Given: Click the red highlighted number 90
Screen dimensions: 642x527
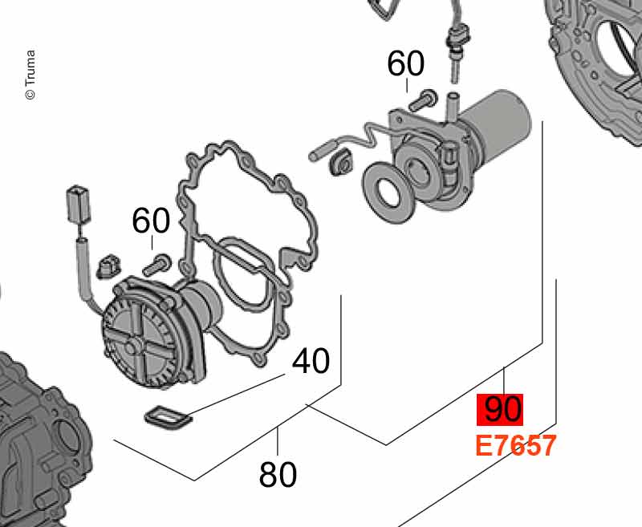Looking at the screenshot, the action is coord(500,409).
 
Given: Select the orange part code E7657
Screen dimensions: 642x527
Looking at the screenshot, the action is coord(516,445).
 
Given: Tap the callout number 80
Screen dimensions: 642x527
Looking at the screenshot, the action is coord(278,474).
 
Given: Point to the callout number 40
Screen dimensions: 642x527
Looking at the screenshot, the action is coord(311,361).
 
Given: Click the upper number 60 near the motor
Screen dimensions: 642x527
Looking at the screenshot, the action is coord(406,63).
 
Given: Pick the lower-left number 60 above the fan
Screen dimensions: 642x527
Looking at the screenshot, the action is coord(151,221).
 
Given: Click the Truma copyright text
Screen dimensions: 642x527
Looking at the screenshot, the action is coord(30,75).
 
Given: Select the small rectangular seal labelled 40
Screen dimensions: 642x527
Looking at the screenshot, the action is coord(169,418).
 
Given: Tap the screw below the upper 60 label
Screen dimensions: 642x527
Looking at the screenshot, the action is coord(423,99).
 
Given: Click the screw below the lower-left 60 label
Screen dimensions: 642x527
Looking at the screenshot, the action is coord(157,265).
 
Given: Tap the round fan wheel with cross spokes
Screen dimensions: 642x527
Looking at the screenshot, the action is coord(139,342).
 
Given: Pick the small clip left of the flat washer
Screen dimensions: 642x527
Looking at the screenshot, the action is coord(340,162).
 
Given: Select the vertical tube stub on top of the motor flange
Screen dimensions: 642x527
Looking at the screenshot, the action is coord(452,107).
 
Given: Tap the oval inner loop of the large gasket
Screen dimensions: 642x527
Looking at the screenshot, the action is coord(242,274).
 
